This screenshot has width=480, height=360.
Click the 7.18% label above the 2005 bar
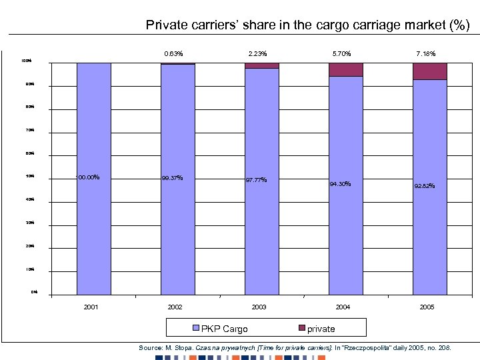point(427,53)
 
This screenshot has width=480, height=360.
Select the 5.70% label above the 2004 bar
point(341,53)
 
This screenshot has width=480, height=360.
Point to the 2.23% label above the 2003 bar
point(258,53)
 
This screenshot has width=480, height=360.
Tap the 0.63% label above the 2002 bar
point(173,53)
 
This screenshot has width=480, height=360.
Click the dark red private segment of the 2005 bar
point(430,71)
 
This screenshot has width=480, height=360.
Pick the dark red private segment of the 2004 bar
point(346,69)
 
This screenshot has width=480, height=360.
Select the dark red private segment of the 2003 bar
point(262,65)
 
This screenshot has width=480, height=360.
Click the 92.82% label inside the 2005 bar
point(425,186)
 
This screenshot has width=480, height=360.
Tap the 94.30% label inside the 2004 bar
point(340,184)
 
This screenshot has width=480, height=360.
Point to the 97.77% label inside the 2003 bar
point(256,180)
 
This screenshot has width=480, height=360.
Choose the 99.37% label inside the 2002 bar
point(173,178)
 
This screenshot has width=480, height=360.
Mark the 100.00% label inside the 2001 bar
point(88,177)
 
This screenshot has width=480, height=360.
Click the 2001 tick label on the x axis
point(91,307)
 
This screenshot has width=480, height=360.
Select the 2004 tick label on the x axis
point(343,307)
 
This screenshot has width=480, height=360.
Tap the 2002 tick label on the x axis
point(175,307)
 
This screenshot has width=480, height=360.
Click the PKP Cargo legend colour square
point(196,328)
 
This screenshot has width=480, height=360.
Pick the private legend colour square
point(301,328)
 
